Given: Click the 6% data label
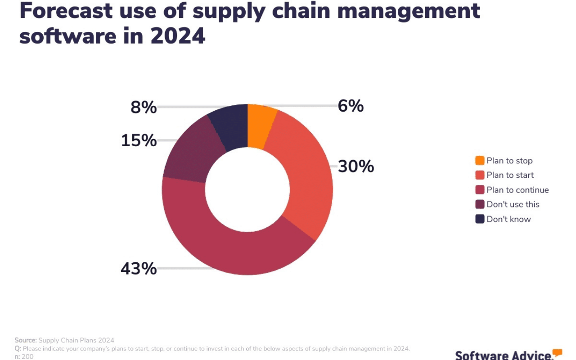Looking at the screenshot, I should click(351, 106).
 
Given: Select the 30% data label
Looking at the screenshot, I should click(356, 166).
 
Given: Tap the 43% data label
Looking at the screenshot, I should click(139, 269).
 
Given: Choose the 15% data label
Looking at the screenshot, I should click(139, 141).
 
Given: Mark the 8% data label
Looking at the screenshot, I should click(144, 108).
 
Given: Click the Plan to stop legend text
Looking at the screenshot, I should click(509, 161).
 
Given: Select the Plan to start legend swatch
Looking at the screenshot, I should click(480, 175).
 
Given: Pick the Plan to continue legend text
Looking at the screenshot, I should click(517, 190).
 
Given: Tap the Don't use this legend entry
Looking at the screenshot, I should click(513, 204).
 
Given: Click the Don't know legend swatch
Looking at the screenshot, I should click(480, 219).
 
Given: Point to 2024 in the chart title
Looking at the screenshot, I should click(178, 35).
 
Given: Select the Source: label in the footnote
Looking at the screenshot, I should click(25, 340).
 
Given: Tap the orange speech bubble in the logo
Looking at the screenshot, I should click(557, 352).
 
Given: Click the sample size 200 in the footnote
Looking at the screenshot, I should click(27, 356).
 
